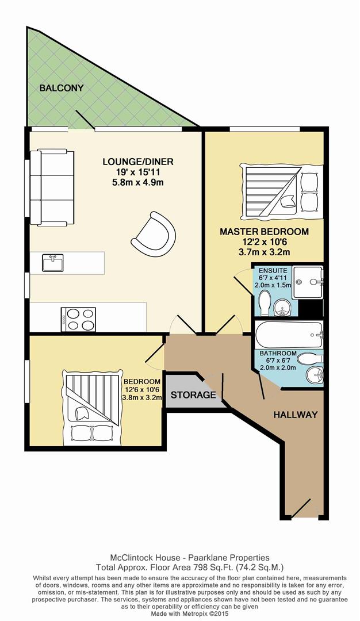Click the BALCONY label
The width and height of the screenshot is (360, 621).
[x=62, y=88]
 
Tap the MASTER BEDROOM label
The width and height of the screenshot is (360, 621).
[x=264, y=232]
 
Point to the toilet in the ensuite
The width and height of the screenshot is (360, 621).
[x=265, y=302]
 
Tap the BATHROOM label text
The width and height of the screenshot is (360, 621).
[x=277, y=353]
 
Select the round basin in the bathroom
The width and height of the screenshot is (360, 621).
[x=313, y=376]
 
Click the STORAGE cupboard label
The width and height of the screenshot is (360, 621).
[x=193, y=395]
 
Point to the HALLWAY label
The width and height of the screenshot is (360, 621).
[x=295, y=414]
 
